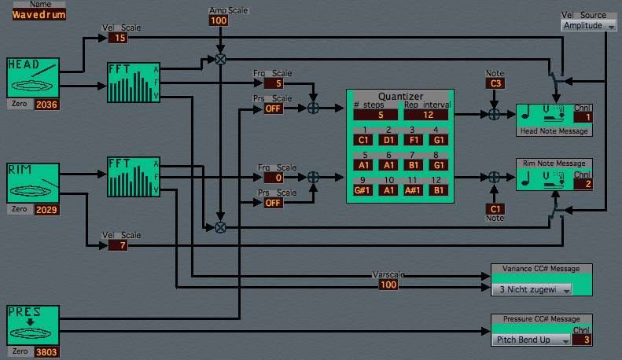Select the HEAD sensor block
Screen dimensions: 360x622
tap(33, 78)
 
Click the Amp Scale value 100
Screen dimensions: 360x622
tap(219, 20)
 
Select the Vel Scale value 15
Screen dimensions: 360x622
tap(117, 38)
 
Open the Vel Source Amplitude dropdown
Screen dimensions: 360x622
tap(589, 26)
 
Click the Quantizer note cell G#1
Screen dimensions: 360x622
tap(364, 190)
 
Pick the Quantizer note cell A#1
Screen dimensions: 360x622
tap(414, 190)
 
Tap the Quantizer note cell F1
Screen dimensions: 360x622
tap(414, 140)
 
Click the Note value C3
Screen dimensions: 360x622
tap(495, 83)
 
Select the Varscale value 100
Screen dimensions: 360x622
tap(388, 285)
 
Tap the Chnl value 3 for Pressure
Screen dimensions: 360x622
tap(582, 340)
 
